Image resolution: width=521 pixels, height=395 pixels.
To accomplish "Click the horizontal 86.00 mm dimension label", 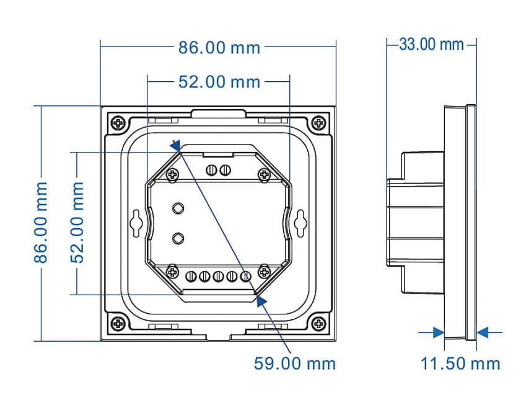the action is click(219, 48).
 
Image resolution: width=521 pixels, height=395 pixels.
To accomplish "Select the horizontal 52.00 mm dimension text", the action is click(219, 82).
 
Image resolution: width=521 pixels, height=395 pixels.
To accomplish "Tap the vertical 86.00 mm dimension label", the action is click(41, 223).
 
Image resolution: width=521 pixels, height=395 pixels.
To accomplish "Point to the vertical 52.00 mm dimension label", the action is click(77, 223).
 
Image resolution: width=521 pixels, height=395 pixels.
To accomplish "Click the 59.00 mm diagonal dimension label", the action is click(295, 363).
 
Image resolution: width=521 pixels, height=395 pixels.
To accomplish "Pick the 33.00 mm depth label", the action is click(431, 44).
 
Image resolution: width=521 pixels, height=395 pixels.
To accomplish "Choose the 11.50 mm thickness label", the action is click(460, 363).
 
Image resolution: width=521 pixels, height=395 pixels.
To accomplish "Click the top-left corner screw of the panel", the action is click(118, 123).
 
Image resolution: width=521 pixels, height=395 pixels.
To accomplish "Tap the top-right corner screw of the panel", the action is click(318, 123).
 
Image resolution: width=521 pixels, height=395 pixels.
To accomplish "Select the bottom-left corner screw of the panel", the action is click(118, 323).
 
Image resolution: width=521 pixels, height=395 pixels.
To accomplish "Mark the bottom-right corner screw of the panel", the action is click(318, 323).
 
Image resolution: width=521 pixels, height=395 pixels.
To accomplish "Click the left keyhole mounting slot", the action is click(136, 223).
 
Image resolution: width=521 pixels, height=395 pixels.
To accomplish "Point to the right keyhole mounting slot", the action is click(300, 223).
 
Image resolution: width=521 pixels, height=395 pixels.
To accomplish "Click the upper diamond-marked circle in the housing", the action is click(178, 208).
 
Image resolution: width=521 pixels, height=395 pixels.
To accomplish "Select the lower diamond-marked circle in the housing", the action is click(178, 238).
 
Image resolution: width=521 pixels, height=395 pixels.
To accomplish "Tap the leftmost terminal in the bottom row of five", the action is click(191, 276).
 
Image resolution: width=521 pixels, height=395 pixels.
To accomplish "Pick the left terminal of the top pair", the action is click(211, 170).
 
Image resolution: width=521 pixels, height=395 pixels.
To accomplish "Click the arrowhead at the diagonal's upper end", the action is click(175, 145).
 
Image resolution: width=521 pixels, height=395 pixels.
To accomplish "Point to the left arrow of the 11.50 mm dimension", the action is click(439, 332).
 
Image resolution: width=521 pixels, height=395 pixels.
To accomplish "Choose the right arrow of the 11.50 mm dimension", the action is click(482, 332).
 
